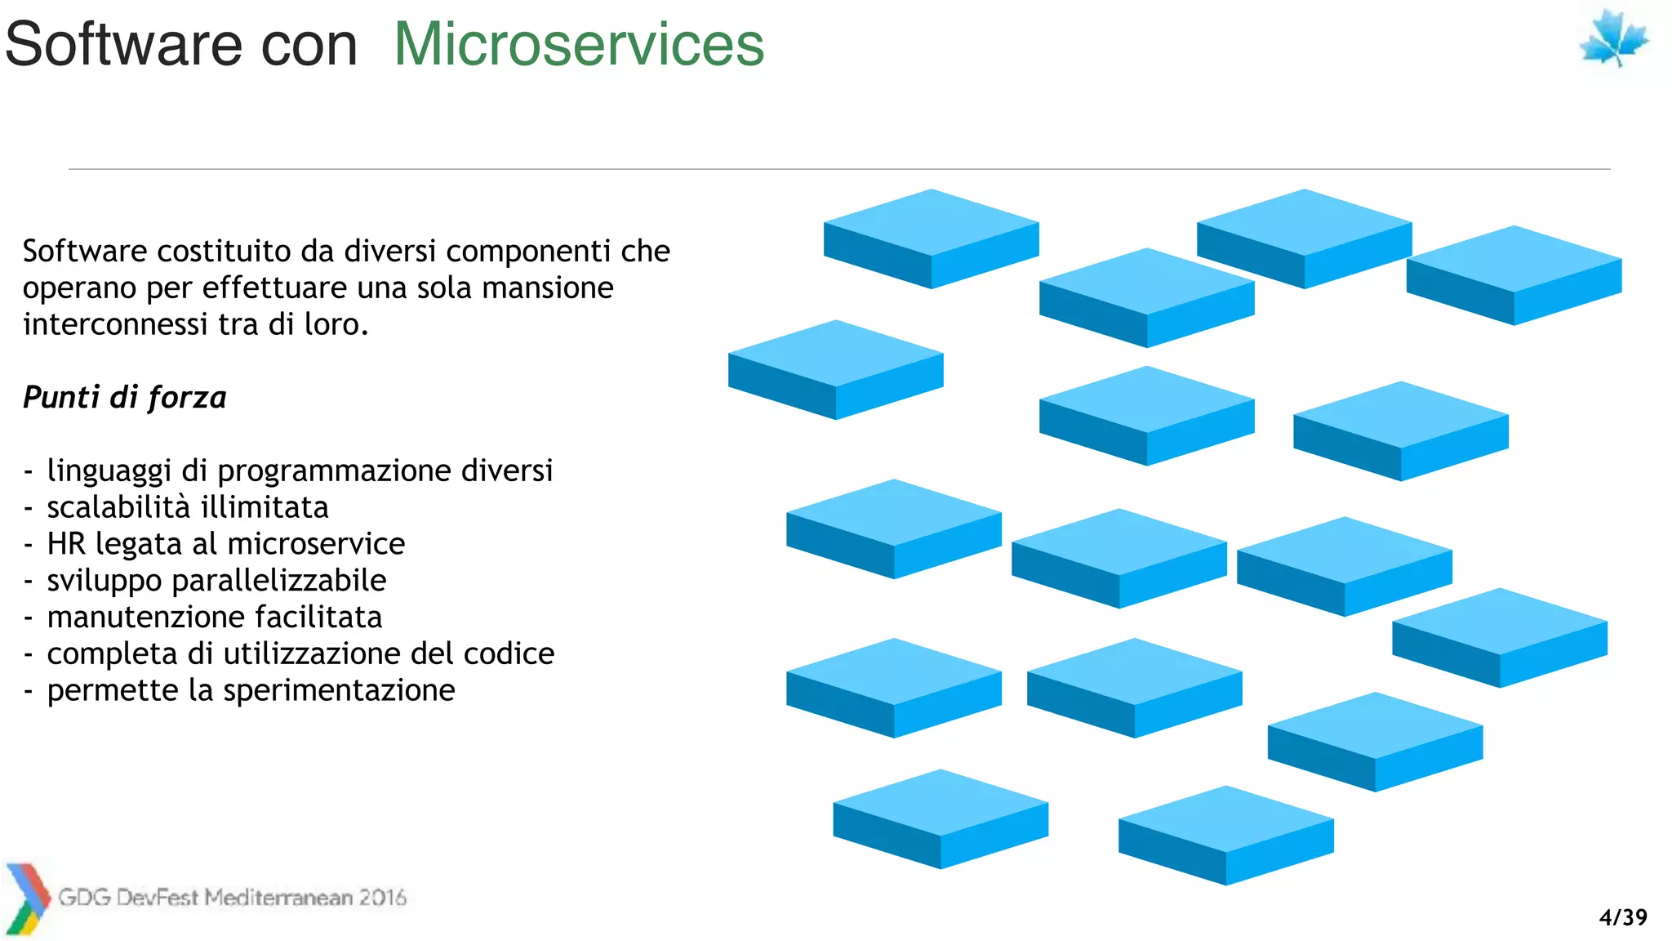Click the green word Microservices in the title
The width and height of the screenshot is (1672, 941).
coord(579,44)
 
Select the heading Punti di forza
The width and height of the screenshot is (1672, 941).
coord(124,397)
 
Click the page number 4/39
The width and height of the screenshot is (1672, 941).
coord(1623,917)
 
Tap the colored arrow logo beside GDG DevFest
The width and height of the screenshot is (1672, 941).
coord(27,899)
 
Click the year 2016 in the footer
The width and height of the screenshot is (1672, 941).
coord(382,898)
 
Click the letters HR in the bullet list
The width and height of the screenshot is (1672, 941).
coord(66,544)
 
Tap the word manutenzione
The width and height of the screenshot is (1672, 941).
coord(145,617)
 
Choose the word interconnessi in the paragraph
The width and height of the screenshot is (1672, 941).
coord(115,324)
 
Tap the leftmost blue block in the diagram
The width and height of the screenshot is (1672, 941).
coord(835,369)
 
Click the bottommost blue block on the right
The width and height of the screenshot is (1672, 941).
coord(1225,835)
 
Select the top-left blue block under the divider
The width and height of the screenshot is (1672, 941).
coord(931,239)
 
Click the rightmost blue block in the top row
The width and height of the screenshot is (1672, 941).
coord(1514,275)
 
